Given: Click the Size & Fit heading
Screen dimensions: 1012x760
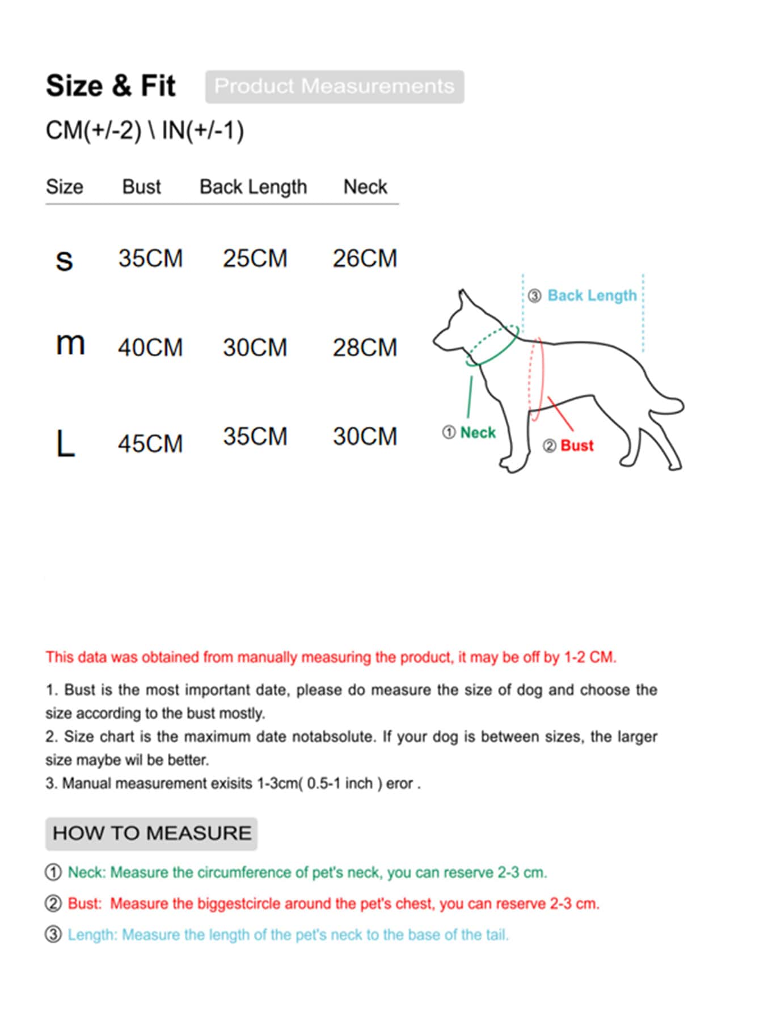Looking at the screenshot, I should [x=111, y=86].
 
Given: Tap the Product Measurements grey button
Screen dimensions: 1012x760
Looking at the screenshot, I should [x=334, y=87].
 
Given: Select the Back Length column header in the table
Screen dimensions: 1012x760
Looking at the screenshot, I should [x=253, y=187].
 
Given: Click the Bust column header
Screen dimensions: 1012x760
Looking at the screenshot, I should [x=141, y=187].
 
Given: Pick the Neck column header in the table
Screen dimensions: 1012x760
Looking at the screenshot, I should [x=365, y=187].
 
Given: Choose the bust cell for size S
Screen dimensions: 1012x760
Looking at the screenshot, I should [x=150, y=259].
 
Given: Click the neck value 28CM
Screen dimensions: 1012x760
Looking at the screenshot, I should [x=365, y=348].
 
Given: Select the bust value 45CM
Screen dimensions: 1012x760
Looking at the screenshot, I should [x=150, y=444].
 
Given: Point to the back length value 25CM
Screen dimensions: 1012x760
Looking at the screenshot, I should [x=255, y=259].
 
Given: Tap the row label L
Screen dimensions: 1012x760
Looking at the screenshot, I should [x=65, y=444].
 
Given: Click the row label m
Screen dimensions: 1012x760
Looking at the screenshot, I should [x=70, y=344].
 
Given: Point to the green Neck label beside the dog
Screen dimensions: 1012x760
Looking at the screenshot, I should [x=478, y=433].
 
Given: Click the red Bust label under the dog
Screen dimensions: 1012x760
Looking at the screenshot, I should [x=577, y=446].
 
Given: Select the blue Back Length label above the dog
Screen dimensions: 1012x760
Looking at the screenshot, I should [x=592, y=295].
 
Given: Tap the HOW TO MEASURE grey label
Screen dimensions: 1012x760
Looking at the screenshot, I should [x=151, y=833].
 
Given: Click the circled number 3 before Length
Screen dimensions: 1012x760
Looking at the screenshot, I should [x=53, y=934].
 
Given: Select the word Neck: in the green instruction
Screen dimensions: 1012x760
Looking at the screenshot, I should [x=87, y=872].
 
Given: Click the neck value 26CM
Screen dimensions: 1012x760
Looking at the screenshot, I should [x=365, y=259].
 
